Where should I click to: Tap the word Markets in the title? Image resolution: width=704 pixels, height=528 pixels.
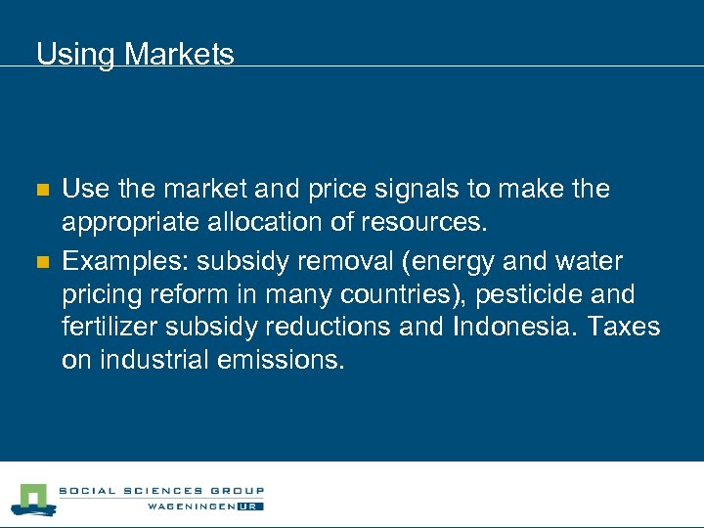(x=180, y=54)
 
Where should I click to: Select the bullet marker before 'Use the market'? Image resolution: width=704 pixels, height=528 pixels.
(x=41, y=190)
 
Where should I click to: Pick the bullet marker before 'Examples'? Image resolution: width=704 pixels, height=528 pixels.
(x=41, y=262)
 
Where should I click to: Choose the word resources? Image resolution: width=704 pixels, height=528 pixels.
(x=421, y=223)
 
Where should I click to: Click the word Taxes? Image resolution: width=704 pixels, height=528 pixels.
(x=624, y=327)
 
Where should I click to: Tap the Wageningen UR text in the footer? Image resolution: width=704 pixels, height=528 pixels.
(x=205, y=506)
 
